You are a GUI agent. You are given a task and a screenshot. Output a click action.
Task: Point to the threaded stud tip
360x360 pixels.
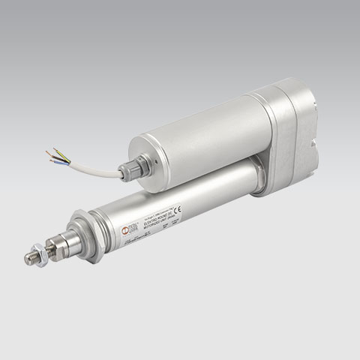point(28,259)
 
